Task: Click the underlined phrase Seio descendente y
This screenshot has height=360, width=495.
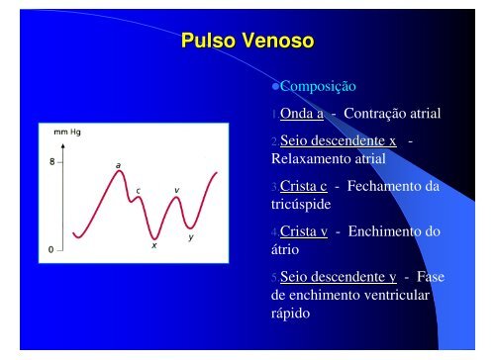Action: (x=339, y=279)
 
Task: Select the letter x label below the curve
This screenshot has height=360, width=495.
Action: (x=153, y=247)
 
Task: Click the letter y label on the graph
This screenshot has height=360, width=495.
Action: (x=190, y=237)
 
